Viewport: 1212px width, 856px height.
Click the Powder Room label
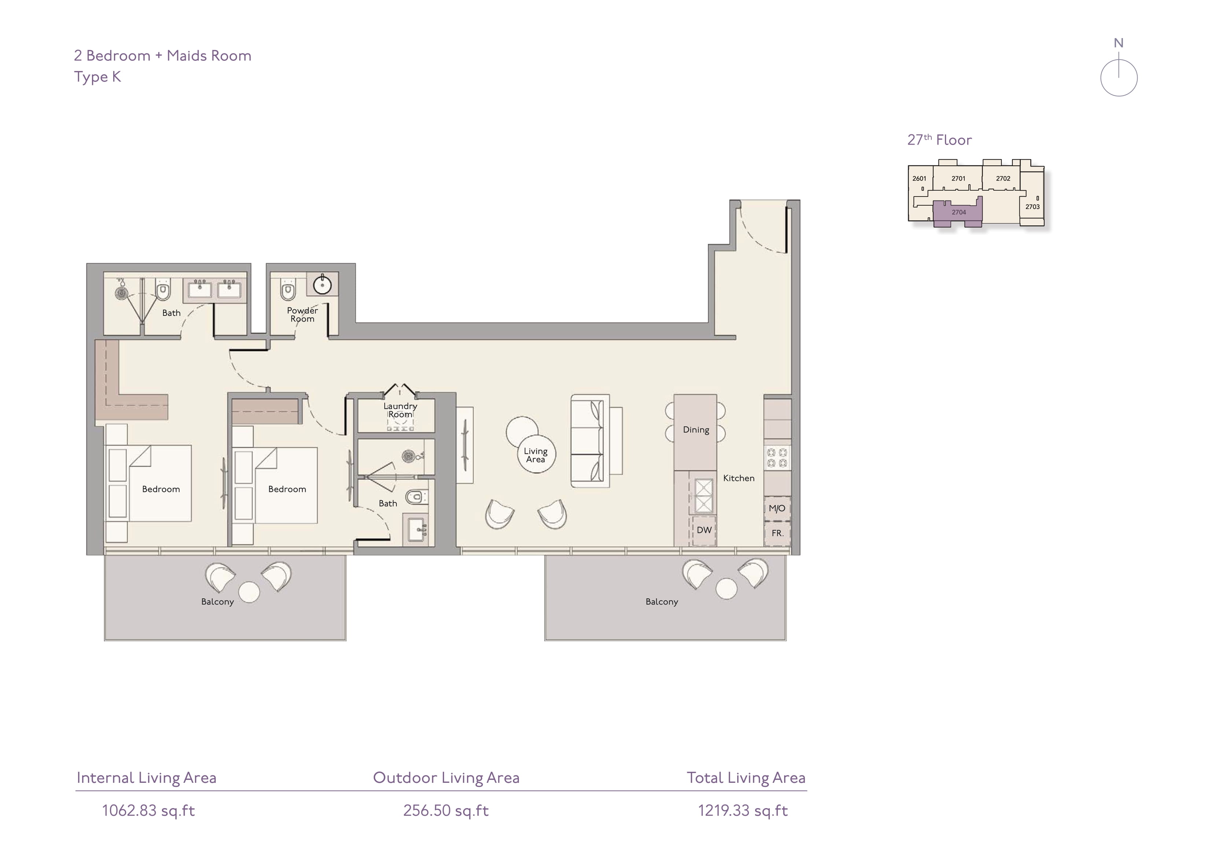pos(303,314)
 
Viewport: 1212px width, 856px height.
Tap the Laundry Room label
pos(400,410)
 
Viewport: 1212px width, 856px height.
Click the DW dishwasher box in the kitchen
pos(704,530)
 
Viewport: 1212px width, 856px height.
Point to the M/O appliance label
pos(777,508)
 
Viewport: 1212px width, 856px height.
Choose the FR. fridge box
pos(777,534)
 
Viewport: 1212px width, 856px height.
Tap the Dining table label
pos(696,430)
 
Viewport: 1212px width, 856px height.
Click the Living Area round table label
pos(536,455)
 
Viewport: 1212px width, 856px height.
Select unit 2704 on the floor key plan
pos(958,212)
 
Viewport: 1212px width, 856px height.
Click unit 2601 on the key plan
pos(920,178)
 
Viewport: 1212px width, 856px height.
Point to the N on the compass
pos(1119,43)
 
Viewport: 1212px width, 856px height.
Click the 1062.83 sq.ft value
pos(148,811)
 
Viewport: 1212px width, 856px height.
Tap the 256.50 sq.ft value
pos(446,811)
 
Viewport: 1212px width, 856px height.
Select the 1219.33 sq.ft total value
pos(743,811)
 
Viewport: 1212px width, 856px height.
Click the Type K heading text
pos(98,77)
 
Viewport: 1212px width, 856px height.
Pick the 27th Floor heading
pos(940,140)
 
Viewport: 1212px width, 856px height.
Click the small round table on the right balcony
pos(726,588)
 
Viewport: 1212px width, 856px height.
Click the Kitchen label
pos(739,478)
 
